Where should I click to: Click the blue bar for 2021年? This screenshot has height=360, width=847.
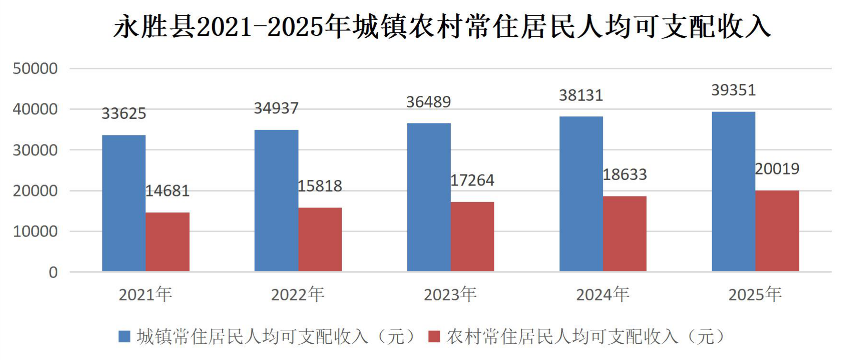[124, 204]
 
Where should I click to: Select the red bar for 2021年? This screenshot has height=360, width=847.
[167, 242]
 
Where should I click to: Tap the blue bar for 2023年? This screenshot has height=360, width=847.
[429, 197]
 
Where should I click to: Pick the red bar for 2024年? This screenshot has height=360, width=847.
[625, 234]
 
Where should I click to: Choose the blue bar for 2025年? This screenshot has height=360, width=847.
[733, 192]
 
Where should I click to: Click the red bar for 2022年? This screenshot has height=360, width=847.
[320, 240]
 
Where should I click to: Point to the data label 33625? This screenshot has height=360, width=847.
[124, 113]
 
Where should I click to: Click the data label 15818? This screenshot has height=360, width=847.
[320, 186]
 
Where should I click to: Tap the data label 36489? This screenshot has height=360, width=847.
[429, 102]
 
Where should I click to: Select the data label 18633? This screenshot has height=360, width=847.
[625, 175]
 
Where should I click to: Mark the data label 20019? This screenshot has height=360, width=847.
[777, 169]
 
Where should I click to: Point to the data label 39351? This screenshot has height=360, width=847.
[733, 90]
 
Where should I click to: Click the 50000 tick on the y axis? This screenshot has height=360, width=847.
[35, 69]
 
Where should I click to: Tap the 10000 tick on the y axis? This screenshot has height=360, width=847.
[35, 232]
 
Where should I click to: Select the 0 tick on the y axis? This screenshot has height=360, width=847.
[53, 272]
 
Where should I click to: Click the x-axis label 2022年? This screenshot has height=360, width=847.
[298, 295]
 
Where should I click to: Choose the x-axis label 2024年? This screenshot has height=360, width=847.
[603, 295]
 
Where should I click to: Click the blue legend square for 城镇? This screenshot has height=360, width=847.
[124, 337]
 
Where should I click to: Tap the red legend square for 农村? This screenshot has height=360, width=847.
[434, 337]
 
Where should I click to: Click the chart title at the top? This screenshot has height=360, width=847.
[442, 26]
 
